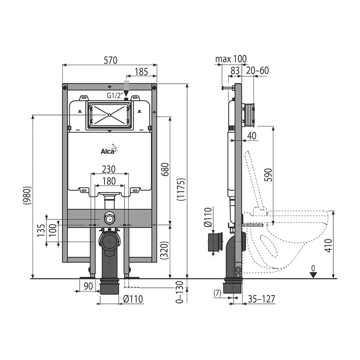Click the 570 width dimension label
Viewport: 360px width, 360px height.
click(110, 60)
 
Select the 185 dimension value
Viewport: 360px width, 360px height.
click(141, 72)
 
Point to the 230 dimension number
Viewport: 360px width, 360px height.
click(109, 169)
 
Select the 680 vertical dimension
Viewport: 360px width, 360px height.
click(165, 169)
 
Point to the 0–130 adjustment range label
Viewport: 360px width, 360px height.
click(180, 292)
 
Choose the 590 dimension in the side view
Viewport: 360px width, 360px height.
click(268, 175)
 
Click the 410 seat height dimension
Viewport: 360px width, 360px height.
click(329, 246)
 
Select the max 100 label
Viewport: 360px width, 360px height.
click(231, 59)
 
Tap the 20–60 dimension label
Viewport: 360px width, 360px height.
click(257, 70)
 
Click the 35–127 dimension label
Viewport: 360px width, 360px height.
click(261, 299)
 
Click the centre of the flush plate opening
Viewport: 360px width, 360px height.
click(110, 115)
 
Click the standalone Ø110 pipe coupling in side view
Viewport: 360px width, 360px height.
click(215, 242)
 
